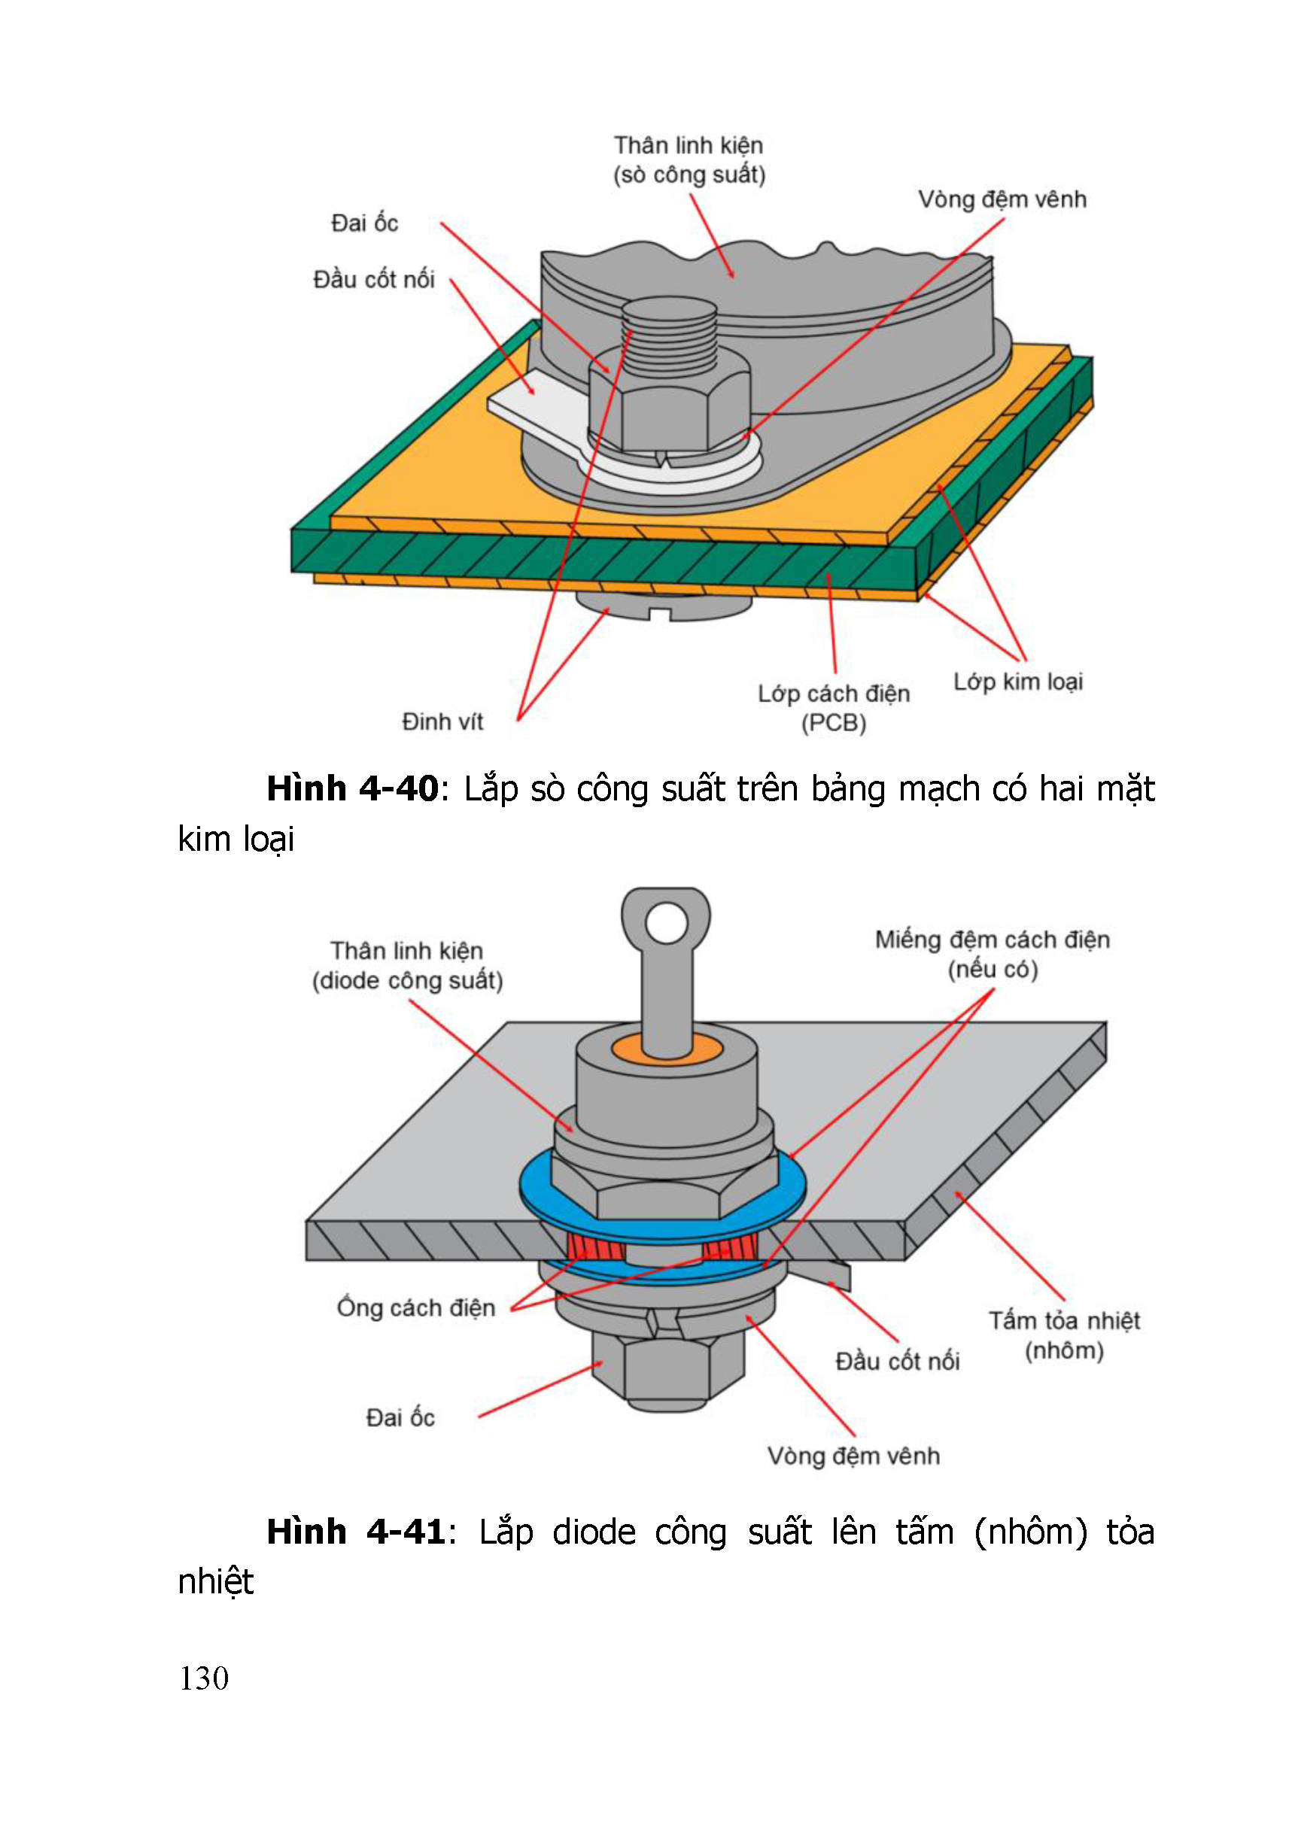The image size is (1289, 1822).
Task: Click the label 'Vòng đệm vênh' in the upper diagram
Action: coord(1002,199)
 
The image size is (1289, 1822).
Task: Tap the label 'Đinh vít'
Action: coord(442,721)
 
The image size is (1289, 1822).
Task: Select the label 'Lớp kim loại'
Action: coord(1017,682)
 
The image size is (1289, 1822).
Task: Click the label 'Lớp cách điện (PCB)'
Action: coord(834,708)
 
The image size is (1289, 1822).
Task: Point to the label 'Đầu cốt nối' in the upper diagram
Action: coord(374,279)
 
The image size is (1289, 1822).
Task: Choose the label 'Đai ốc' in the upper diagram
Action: coord(364,223)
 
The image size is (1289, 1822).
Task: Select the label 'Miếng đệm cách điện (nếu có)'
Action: coord(993,954)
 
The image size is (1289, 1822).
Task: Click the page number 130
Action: coord(204,1678)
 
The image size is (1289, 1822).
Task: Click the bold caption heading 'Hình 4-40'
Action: coord(351,789)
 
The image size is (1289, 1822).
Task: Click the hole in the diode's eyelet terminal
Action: coord(666,923)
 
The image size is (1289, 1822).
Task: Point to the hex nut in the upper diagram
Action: coord(668,408)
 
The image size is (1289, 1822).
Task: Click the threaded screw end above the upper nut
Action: coord(669,333)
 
